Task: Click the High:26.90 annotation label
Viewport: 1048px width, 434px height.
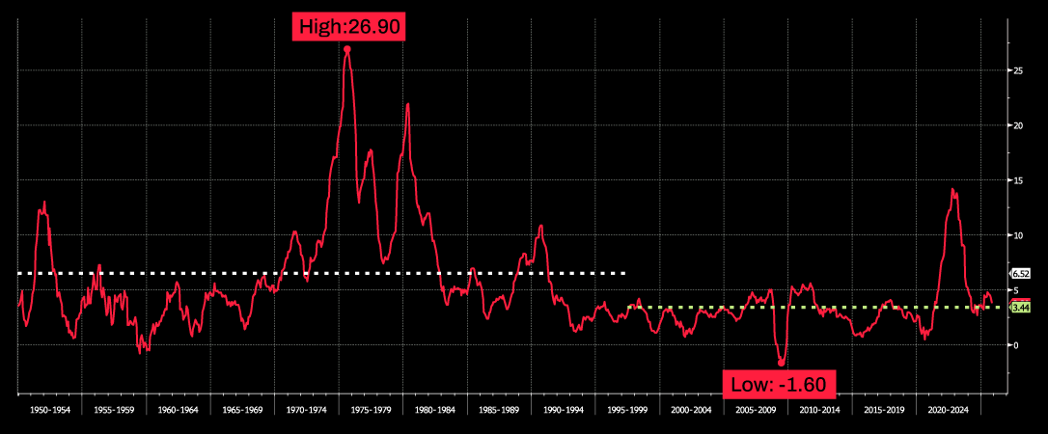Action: click(x=347, y=28)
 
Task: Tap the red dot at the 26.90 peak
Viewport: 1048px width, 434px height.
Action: click(x=347, y=49)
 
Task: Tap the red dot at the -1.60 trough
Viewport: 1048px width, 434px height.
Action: click(x=781, y=363)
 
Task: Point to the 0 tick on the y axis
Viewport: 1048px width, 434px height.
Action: click(x=1013, y=344)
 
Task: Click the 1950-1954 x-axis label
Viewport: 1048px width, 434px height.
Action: click(x=50, y=410)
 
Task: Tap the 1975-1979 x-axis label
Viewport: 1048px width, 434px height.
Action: click(x=371, y=410)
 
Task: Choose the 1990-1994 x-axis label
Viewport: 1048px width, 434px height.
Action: click(x=563, y=410)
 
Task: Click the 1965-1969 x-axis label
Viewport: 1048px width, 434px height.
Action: click(x=242, y=410)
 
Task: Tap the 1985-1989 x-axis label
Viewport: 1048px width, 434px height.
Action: click(x=498, y=410)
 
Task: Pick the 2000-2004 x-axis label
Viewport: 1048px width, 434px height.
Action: click(x=691, y=410)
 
